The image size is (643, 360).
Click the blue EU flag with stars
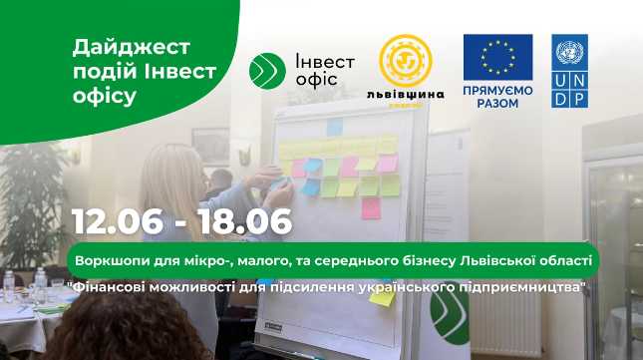point(497,58)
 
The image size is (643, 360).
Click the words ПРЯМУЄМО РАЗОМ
point(497,96)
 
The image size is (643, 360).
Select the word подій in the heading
point(107,72)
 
